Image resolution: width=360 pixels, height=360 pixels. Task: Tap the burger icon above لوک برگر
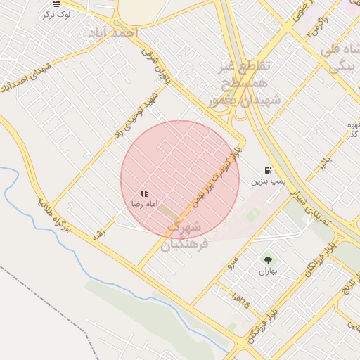(x=56, y=4)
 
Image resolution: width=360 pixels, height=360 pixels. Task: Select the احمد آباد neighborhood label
(x=111, y=32)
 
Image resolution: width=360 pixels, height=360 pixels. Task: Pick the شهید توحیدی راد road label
(x=137, y=112)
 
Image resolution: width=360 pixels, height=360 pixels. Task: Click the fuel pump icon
(x=267, y=170)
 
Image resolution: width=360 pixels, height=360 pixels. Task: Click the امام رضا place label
(x=139, y=203)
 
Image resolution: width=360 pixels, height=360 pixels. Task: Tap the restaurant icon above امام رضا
(x=144, y=193)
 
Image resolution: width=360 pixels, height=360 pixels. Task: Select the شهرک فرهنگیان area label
(x=185, y=236)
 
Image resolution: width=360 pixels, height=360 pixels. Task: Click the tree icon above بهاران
(x=266, y=260)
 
